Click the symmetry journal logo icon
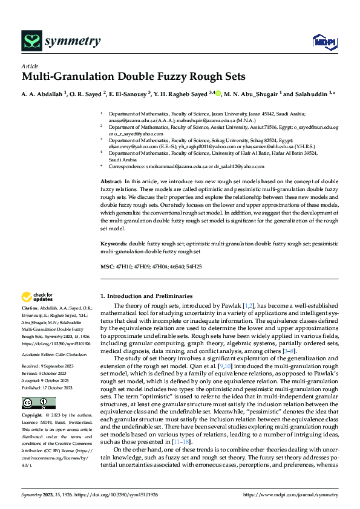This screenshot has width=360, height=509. click(x=31, y=41)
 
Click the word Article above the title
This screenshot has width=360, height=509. click(x=29, y=66)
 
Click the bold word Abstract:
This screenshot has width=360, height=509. click(x=111, y=181)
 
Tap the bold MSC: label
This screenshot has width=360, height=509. click(x=106, y=266)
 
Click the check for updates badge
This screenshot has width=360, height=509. click(x=36, y=297)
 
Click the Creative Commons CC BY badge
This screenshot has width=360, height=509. click(x=39, y=403)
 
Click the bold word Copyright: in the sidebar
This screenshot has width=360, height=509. click(x=33, y=416)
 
